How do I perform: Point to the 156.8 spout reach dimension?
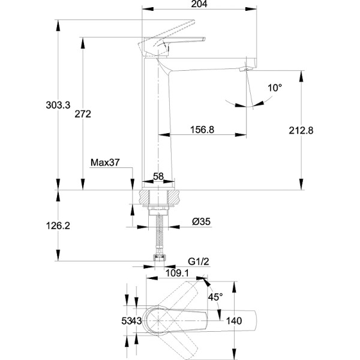[202, 129]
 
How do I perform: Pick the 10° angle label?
[275, 88]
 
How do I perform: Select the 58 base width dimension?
[158, 176]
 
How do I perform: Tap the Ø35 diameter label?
[200, 222]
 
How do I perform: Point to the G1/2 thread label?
[198, 262]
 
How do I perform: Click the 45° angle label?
[215, 296]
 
